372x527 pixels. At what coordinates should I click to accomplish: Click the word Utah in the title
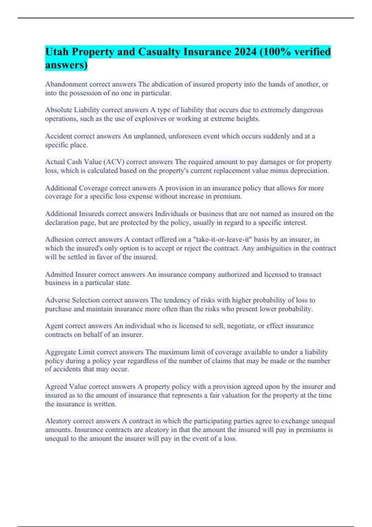click(x=57, y=51)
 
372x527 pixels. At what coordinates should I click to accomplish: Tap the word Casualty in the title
click(x=159, y=51)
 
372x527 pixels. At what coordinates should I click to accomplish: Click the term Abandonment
click(x=66, y=84)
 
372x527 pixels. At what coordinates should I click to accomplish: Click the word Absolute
click(x=59, y=110)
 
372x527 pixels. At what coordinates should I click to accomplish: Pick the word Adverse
click(x=57, y=300)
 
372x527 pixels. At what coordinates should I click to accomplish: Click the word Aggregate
click(x=60, y=352)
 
